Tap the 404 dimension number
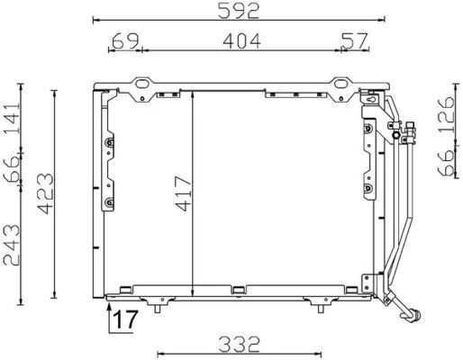(x=240, y=40)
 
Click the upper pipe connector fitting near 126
(x=410, y=135)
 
